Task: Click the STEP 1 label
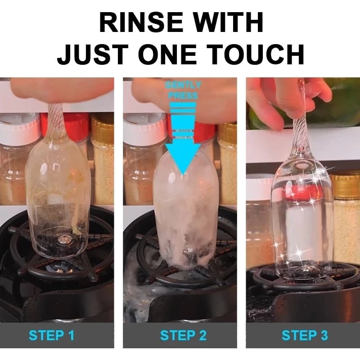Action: point(51,335)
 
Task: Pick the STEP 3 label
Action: point(305,335)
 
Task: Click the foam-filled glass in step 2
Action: point(183,211)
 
